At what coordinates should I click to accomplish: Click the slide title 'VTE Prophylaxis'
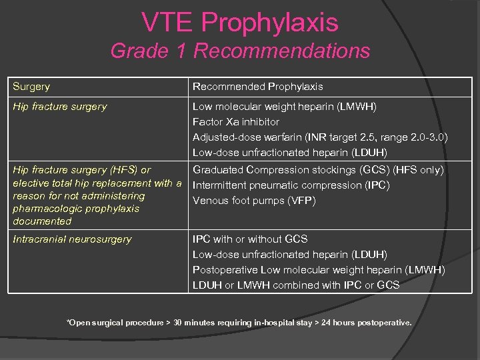(x=240, y=23)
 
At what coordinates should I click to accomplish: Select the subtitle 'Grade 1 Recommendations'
(x=240, y=51)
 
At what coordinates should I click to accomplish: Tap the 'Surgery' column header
(x=31, y=87)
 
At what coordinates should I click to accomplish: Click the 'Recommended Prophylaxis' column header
(x=257, y=87)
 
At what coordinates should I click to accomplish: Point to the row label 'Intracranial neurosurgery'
(x=73, y=239)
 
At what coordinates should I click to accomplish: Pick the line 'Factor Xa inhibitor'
(x=236, y=122)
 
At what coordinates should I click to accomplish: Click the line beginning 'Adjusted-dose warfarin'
(x=320, y=137)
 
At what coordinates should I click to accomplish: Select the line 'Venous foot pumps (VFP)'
(x=254, y=201)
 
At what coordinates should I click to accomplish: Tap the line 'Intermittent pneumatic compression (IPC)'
(x=291, y=185)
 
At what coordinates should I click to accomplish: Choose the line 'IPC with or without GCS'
(x=250, y=239)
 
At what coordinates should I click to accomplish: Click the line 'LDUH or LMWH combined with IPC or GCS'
(x=296, y=285)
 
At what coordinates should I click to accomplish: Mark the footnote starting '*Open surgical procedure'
(x=239, y=323)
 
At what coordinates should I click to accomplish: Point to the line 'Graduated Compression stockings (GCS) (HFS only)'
(x=318, y=170)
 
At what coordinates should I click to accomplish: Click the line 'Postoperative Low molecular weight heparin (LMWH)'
(x=319, y=269)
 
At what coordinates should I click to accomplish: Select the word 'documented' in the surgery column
(x=42, y=221)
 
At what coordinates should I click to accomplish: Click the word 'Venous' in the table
(x=209, y=201)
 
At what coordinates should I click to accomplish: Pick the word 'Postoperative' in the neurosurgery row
(x=225, y=269)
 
